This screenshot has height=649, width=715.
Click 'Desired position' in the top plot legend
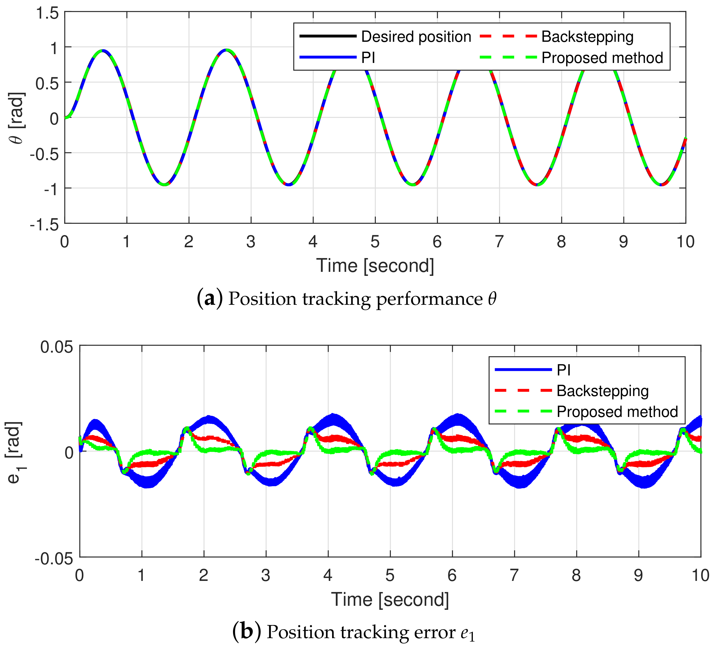416,37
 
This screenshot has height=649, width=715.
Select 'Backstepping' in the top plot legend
587,37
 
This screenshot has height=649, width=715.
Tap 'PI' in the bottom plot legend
564,370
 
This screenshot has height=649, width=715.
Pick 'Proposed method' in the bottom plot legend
617,411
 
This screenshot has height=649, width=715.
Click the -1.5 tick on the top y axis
44,225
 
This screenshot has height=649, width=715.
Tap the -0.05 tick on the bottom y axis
54,559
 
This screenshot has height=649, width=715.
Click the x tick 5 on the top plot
375,242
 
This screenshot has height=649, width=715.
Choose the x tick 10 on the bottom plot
700,575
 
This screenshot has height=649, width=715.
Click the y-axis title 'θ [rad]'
18,118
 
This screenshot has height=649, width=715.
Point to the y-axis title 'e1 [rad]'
15,452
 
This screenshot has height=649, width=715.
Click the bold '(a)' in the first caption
210,299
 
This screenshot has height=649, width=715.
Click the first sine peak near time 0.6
102,50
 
